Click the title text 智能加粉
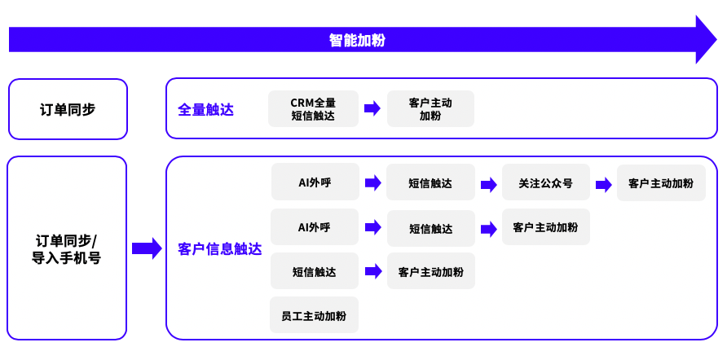pyautogui.click(x=357, y=40)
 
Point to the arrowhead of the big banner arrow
pyautogui.click(x=705, y=39)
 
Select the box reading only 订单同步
pyautogui.click(x=68, y=109)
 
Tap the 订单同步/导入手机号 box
pyautogui.click(x=66, y=248)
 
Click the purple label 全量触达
pyautogui.click(x=205, y=109)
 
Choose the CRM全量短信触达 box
pyautogui.click(x=313, y=109)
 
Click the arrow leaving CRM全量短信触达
pyautogui.click(x=372, y=108)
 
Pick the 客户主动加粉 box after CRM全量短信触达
pyautogui.click(x=430, y=109)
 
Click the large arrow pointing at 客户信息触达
pyautogui.click(x=147, y=248)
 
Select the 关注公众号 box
pyautogui.click(x=545, y=183)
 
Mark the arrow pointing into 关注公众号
pyautogui.click(x=489, y=184)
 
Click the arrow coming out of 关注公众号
pyautogui.click(x=604, y=184)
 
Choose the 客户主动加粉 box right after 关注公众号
pyautogui.click(x=661, y=183)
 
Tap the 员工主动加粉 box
pyautogui.click(x=314, y=315)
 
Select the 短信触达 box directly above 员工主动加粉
pyautogui.click(x=314, y=271)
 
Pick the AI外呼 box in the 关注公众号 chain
pyautogui.click(x=315, y=182)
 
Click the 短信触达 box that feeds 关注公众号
pyautogui.click(x=430, y=183)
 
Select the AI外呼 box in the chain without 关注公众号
pyautogui.click(x=314, y=227)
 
